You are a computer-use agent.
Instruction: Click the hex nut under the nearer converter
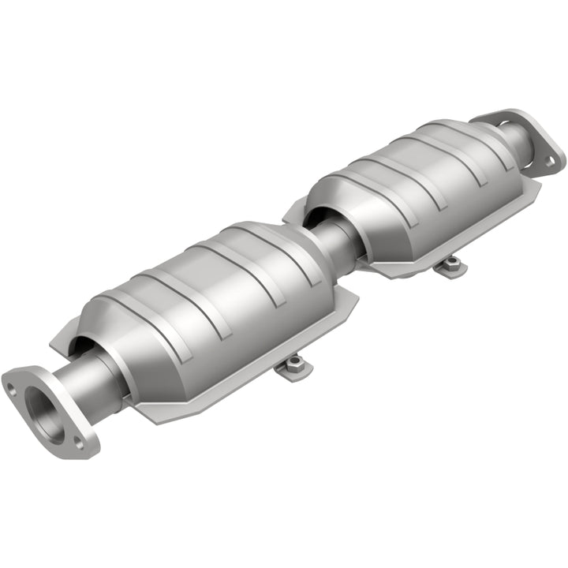pos(293,364)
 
